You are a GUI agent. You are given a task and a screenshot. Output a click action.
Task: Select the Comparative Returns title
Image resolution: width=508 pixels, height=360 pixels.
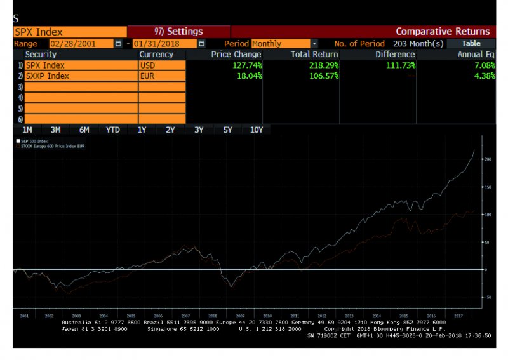[x=443, y=31]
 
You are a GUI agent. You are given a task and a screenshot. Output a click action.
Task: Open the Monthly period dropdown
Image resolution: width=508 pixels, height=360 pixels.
[x=314, y=43]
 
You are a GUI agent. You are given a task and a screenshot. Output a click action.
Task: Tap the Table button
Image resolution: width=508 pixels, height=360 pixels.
[x=471, y=43]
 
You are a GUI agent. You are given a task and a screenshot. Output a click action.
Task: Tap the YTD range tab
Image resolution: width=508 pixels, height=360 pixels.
[x=112, y=130]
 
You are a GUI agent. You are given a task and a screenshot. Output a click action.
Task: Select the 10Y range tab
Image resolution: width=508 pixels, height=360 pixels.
[x=257, y=130]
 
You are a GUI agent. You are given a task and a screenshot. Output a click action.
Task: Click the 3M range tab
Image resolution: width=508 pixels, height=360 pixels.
[x=55, y=130]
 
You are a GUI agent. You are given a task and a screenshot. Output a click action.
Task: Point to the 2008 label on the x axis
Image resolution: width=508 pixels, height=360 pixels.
[x=213, y=315]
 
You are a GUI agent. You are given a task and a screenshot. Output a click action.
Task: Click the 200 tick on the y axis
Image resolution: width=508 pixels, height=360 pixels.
[x=488, y=159]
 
